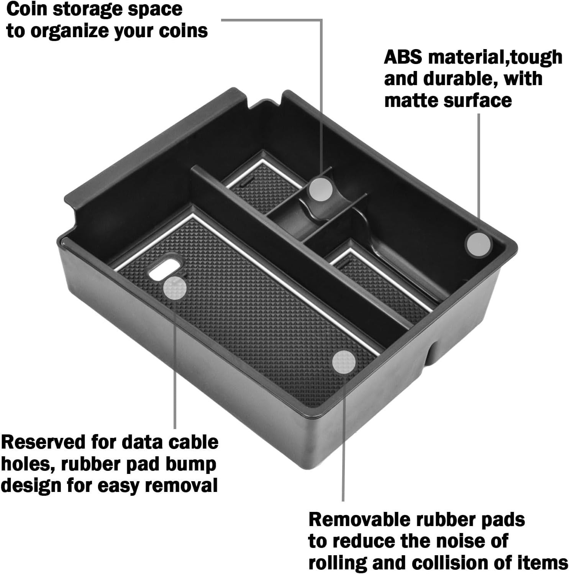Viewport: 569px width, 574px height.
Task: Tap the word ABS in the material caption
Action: pyautogui.click(x=403, y=58)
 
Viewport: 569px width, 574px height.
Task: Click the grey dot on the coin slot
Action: pyautogui.click(x=321, y=188)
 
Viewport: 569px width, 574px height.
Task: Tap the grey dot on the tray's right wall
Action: pyautogui.click(x=478, y=244)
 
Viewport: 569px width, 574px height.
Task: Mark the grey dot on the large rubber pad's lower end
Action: pyautogui.click(x=344, y=362)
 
